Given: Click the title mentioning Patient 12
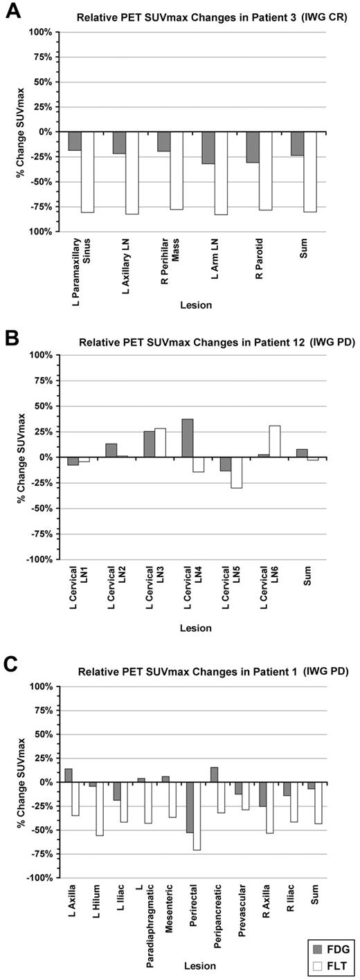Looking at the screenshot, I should pyautogui.click(x=216, y=342).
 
